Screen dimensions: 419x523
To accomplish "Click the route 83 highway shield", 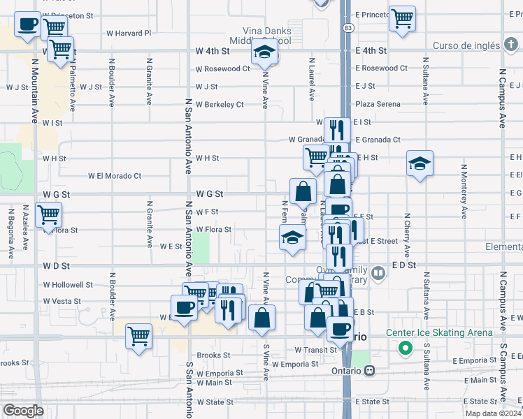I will click(x=348, y=27).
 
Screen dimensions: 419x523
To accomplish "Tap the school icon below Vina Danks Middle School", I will click(x=265, y=53).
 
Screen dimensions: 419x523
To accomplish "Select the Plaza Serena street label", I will click(x=378, y=104).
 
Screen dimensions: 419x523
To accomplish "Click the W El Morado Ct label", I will click(x=114, y=176).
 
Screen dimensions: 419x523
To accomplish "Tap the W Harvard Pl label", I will click(x=128, y=33).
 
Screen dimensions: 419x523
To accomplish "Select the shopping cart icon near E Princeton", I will click(x=402, y=19).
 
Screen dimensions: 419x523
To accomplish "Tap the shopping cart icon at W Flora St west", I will click(x=48, y=215).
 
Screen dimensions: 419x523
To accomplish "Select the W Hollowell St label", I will click(x=68, y=285).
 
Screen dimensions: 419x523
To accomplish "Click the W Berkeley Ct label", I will click(x=220, y=105).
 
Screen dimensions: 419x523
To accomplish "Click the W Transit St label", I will click(x=316, y=350).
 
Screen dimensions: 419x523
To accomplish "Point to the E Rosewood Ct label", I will click(x=381, y=68).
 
